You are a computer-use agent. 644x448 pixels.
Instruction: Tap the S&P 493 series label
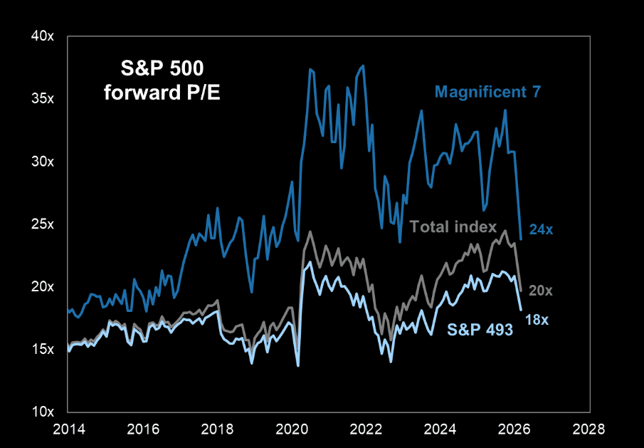click(x=480, y=329)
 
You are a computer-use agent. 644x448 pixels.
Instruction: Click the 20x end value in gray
click(x=541, y=290)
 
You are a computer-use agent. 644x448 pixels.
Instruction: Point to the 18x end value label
click(x=537, y=320)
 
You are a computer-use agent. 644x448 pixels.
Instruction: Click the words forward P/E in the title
click(x=162, y=92)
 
